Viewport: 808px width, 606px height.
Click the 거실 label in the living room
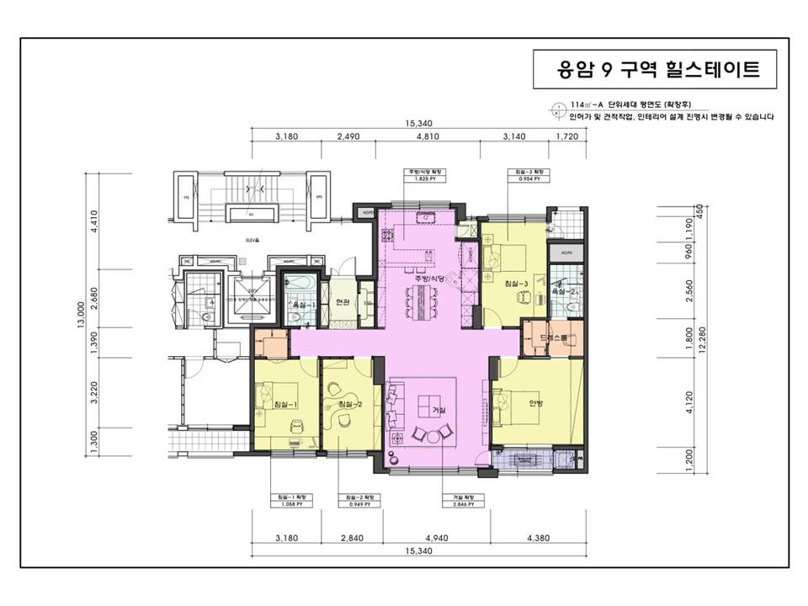click(439, 409)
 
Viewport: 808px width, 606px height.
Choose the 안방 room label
click(536, 403)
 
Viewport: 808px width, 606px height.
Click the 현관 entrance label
click(342, 302)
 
